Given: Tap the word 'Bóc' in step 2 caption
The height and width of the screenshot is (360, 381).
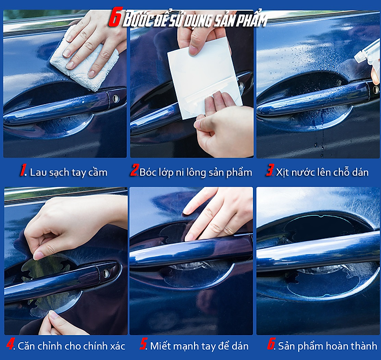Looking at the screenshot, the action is pos(148,172).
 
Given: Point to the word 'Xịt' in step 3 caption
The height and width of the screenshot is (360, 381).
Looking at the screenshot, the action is pos(282,173).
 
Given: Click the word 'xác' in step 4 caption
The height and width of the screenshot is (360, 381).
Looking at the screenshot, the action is pos(118,346).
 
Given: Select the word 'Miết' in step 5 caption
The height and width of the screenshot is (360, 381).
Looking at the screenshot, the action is pos(160,346).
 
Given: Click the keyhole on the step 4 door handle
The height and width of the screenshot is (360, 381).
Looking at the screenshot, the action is pos(106,273).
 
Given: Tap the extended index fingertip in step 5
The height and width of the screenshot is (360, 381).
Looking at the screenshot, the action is pos(186,211).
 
